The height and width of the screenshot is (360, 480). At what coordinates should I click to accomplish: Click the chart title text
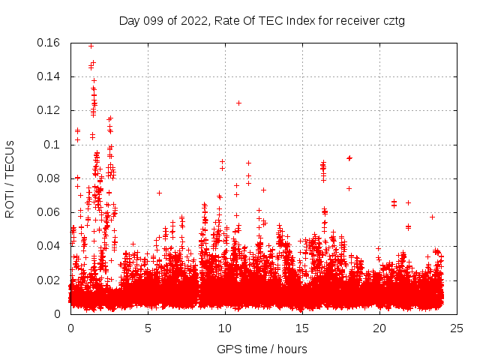coord(262,21)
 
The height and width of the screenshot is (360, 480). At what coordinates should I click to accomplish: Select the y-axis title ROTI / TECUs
coord(10,178)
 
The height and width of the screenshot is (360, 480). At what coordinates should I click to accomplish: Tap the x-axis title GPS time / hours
coord(262,349)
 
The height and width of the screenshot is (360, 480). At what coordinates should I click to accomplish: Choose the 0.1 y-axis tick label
coord(54,144)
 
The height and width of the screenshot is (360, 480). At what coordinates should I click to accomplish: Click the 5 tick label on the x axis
coord(148,328)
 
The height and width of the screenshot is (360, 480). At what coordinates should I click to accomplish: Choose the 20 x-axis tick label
coord(379,328)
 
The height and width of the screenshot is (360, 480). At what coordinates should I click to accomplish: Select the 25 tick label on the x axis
coord(457,328)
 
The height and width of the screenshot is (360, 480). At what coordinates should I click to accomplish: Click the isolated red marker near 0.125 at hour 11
coord(238,103)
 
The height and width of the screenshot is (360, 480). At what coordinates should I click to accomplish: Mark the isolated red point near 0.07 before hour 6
coord(159,193)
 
